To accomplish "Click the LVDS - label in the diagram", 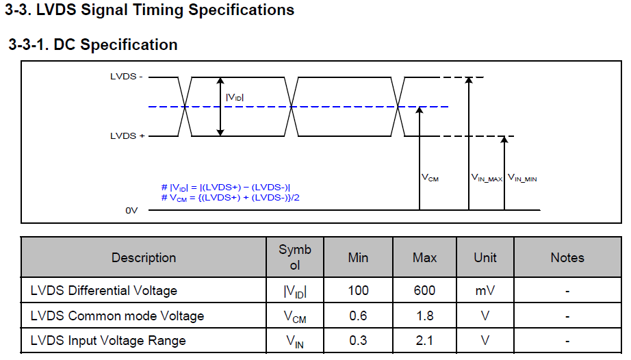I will pos(127,77).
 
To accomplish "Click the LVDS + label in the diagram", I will pos(127,136).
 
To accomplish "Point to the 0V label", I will pos(131,211).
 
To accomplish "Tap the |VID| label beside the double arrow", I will pos(235,98).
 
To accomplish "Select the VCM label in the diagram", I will pos(430,178).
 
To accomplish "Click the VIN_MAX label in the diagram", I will pos(487,178).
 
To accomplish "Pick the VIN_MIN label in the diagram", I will pos(522,178).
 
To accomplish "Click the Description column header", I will pos(144,257).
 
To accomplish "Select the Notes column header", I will pos(567,257).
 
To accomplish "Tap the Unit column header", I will pos(485,257).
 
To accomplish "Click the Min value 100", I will pos(358,291).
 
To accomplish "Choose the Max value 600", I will pos(424,291).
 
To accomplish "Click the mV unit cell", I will pos(485,291).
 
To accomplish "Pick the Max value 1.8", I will pos(424,316).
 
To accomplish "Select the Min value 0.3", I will pos(358,340).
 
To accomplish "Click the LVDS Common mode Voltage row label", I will pos(117,316).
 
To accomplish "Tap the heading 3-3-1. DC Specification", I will pos(93,45).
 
